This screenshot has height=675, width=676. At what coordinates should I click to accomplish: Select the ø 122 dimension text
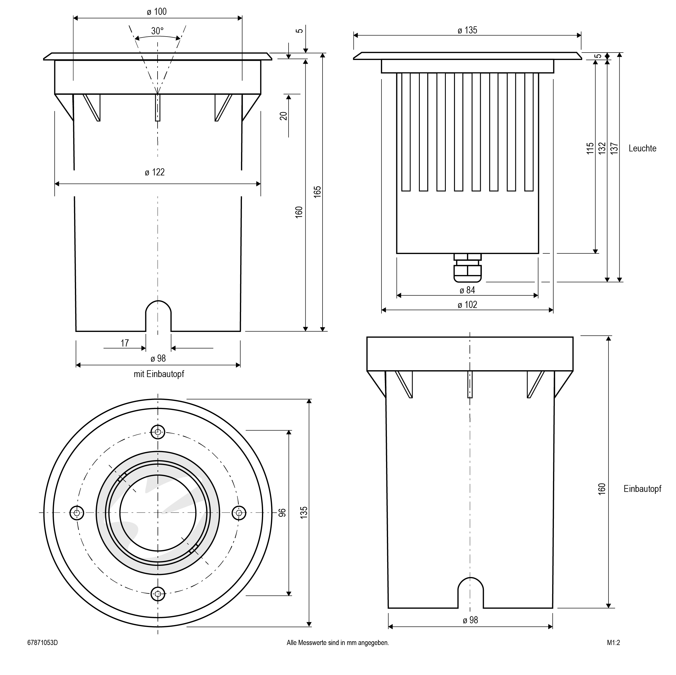[155, 172]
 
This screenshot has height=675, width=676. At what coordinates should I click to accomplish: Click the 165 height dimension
[317, 192]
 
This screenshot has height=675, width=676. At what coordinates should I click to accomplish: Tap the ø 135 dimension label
[467, 30]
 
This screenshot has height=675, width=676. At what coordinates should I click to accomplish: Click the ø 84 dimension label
[467, 290]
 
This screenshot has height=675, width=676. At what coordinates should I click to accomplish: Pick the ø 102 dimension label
[467, 305]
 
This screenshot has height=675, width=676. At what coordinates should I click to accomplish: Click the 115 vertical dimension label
[590, 148]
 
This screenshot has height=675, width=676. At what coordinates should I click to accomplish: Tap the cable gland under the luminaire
[467, 268]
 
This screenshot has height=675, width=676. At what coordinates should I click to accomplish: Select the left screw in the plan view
[77, 513]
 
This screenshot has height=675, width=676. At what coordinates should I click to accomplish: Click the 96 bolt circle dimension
[282, 513]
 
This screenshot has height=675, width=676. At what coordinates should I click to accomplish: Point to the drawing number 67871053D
[42, 642]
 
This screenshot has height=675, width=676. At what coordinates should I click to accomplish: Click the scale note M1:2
[613, 642]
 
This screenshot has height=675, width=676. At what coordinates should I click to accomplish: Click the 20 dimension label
[283, 116]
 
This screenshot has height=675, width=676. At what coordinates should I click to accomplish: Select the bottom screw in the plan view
[158, 594]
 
